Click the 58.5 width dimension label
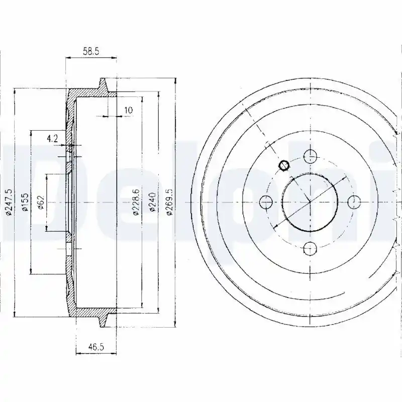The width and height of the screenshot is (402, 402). [91, 52]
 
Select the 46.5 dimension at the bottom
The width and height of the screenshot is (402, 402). [95, 347]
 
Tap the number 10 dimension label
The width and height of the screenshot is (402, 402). [129, 110]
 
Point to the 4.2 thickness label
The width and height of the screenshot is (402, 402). [52, 139]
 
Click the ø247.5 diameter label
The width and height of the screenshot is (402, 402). [9, 203]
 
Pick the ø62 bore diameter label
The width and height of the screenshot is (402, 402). [41, 203]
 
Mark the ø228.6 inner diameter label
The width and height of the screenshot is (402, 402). [136, 203]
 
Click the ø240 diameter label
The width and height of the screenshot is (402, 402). [152, 203]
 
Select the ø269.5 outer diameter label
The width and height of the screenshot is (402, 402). [169, 203]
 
